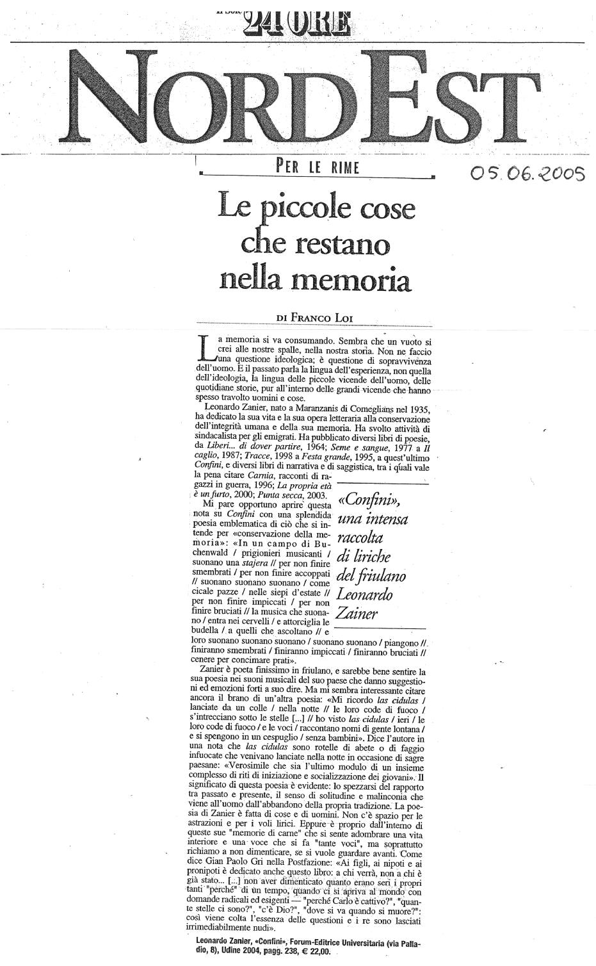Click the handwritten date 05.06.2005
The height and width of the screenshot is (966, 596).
528,173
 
